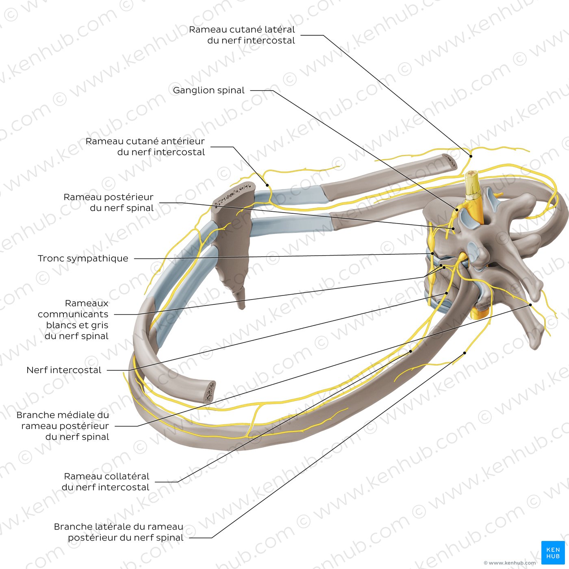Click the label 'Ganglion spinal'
coord(208,90)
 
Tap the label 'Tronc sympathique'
coord(83,258)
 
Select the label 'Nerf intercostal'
coord(64,370)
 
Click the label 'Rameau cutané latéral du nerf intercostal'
coord(242,35)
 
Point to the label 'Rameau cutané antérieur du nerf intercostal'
coord(145,147)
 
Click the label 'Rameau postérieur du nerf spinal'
coord(109,202)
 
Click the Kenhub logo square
coord(553,553)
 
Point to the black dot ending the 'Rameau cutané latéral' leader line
coord(471,156)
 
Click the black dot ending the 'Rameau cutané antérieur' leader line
coord(267,185)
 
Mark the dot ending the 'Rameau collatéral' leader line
coord(410,352)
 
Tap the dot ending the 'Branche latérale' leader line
coord(465,353)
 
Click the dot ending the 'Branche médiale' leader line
coord(531,305)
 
